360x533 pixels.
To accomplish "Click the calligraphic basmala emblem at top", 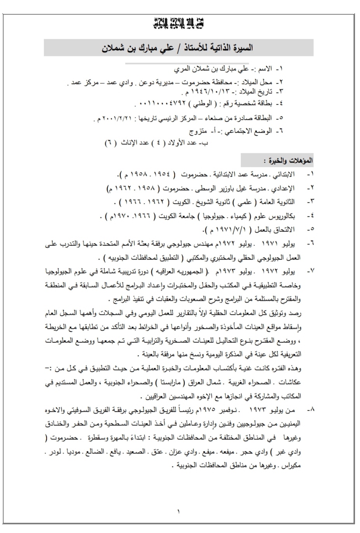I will click(x=179, y=23).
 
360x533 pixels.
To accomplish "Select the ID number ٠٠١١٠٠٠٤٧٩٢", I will click(x=155, y=105).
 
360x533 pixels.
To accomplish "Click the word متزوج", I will click(x=197, y=131).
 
